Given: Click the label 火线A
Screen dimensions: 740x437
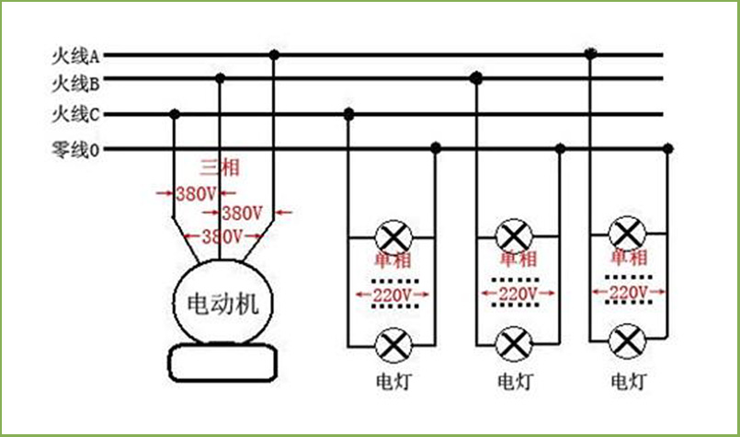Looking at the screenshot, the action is pyautogui.click(x=75, y=56).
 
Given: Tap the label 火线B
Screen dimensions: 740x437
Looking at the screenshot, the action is pyautogui.click(x=75, y=84).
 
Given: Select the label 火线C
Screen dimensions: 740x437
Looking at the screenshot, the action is pyautogui.click(x=75, y=114).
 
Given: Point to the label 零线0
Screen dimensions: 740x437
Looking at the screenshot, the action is pyautogui.click(x=75, y=150).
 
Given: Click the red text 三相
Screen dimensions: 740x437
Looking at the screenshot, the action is pyautogui.click(x=220, y=167).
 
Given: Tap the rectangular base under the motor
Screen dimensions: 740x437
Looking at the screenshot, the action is pyautogui.click(x=222, y=362).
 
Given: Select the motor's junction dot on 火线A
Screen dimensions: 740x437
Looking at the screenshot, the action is pyautogui.click(x=274, y=55).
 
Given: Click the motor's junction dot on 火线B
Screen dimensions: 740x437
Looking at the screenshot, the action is pyautogui.click(x=220, y=78).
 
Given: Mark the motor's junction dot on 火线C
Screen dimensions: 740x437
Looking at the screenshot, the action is pyautogui.click(x=175, y=114).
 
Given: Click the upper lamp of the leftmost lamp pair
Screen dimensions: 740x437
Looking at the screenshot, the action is pyautogui.click(x=393, y=237).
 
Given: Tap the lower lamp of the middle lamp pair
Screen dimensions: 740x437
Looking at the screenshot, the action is pyautogui.click(x=514, y=344).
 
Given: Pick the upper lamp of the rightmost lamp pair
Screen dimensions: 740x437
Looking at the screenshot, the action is pyautogui.click(x=627, y=234).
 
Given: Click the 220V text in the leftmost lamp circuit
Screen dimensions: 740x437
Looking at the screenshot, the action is pyautogui.click(x=393, y=295).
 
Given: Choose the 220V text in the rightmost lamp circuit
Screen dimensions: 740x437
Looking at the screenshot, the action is pyautogui.click(x=628, y=293).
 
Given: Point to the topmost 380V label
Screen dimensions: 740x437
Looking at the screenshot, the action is pyautogui.click(x=196, y=194).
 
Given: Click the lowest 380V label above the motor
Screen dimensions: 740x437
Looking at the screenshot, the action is pyautogui.click(x=222, y=236).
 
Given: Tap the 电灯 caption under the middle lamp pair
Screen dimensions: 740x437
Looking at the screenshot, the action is pyautogui.click(x=516, y=382).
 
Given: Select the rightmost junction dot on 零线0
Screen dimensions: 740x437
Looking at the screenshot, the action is pyautogui.click(x=667, y=149).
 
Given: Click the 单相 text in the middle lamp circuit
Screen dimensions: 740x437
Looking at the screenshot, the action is pyautogui.click(x=518, y=259).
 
